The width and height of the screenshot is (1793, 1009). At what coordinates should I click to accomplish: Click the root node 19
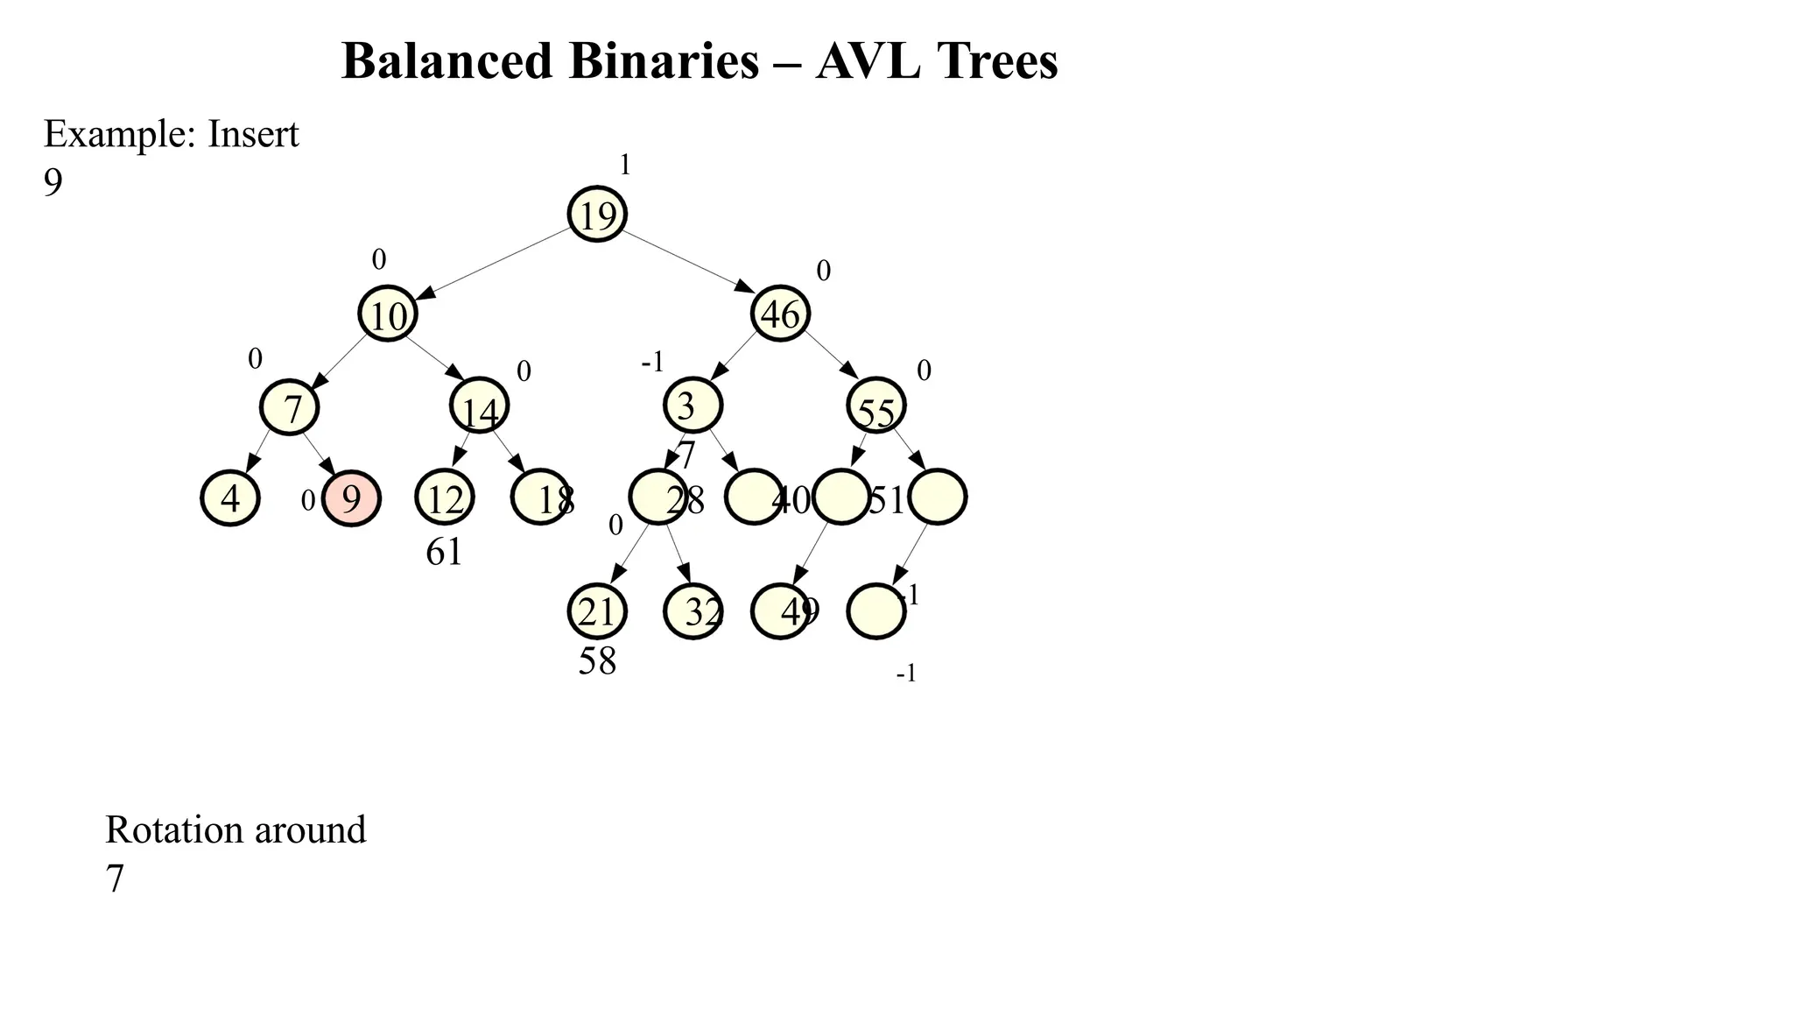click(597, 215)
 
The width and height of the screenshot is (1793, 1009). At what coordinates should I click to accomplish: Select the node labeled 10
click(388, 314)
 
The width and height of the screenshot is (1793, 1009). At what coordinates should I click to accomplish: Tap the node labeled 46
click(780, 314)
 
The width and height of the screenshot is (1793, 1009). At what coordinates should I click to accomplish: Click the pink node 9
click(351, 498)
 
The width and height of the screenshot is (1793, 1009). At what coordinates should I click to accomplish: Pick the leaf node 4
click(230, 498)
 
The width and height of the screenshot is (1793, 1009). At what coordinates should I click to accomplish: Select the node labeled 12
click(445, 498)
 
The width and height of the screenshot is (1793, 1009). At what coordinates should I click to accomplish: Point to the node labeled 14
click(479, 406)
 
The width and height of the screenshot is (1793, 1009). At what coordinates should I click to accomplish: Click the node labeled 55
click(876, 406)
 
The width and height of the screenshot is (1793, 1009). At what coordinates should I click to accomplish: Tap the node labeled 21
click(597, 611)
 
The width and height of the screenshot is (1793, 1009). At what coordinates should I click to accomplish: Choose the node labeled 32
click(693, 611)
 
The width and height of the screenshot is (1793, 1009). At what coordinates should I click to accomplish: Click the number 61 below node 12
click(444, 553)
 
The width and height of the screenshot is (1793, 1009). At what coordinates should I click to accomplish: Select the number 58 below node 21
click(597, 661)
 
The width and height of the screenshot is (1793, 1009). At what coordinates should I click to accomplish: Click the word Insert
click(253, 135)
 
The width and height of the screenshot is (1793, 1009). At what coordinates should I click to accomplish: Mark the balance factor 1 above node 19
click(625, 165)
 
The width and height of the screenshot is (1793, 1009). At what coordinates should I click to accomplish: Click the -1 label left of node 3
click(653, 362)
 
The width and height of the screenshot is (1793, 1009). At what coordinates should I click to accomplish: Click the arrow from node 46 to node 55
click(832, 355)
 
